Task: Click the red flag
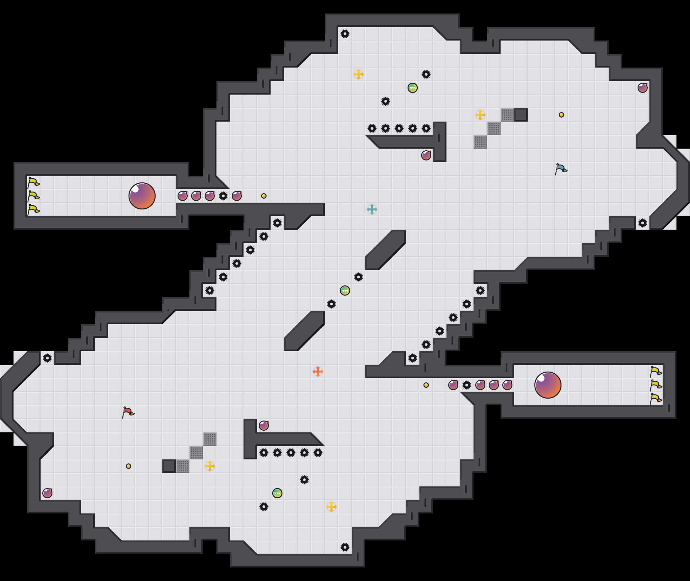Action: click(128, 412)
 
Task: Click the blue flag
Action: click(561, 169)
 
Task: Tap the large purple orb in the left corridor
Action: click(142, 196)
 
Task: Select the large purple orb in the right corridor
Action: click(548, 385)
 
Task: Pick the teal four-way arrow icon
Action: click(372, 209)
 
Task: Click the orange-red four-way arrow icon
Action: click(318, 372)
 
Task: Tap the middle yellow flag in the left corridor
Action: click(33, 196)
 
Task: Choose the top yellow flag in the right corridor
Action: click(655, 372)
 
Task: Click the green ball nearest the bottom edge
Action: click(277, 493)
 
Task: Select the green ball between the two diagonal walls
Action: click(345, 290)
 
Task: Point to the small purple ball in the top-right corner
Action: click(643, 88)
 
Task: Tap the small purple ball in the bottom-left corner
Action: click(47, 493)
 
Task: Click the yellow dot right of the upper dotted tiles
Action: click(561, 115)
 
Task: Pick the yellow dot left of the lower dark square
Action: click(129, 466)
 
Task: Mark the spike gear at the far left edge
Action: click(47, 358)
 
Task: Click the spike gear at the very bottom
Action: click(345, 547)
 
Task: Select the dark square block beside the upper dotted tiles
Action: click(521, 115)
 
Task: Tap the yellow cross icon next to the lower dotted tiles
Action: click(210, 466)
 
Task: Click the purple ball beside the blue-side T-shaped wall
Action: click(426, 155)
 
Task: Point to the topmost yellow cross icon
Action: click(359, 74)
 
